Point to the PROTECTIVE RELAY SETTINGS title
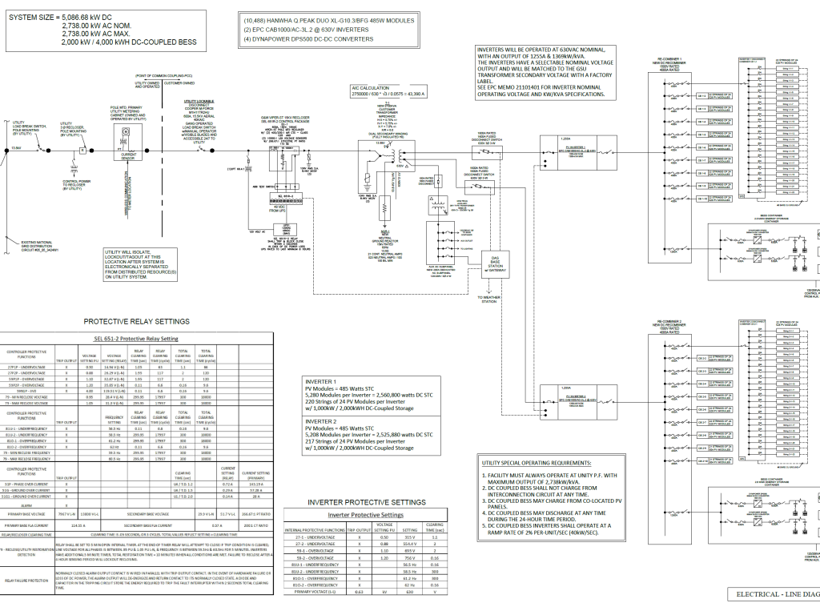[137, 321]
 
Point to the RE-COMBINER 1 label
[670, 60]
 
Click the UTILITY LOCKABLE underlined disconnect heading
[199, 102]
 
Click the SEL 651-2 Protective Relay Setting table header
[137, 338]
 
